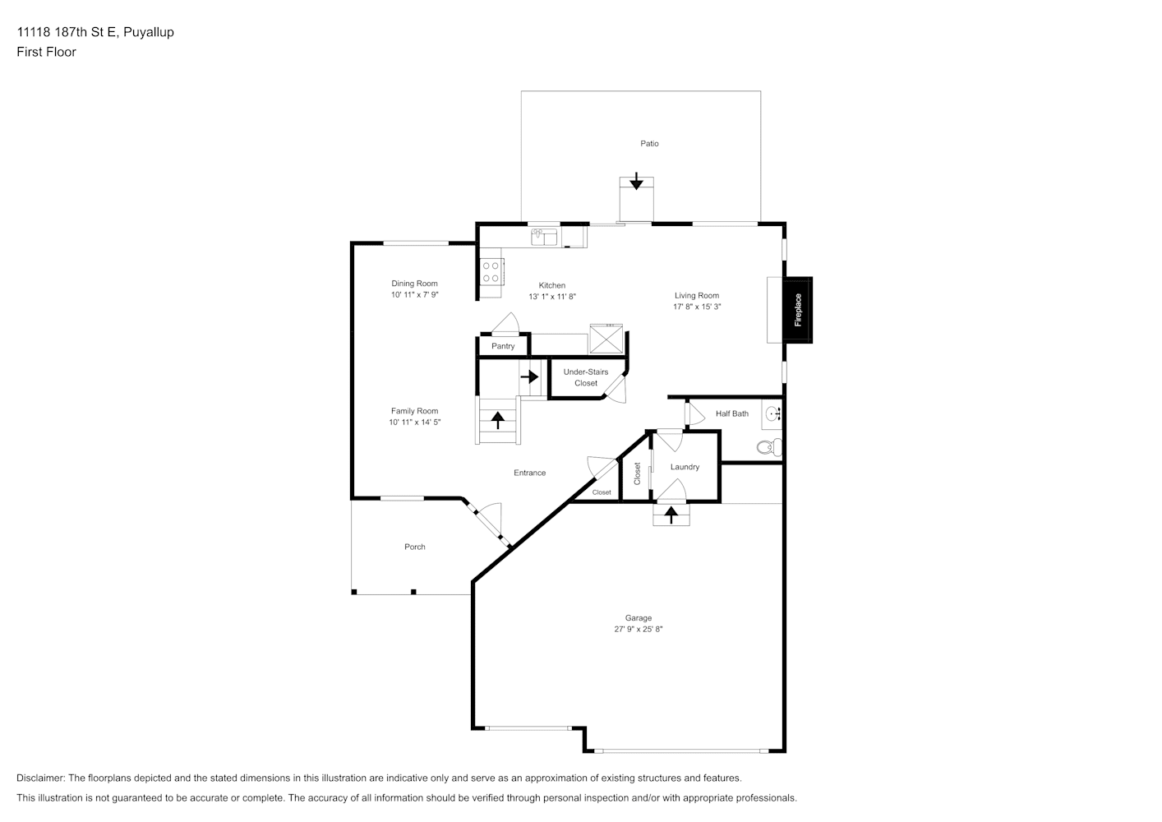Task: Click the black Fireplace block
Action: coord(797,310)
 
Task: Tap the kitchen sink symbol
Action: coord(544,237)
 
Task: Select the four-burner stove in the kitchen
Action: coord(491,272)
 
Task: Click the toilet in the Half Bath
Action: coord(769,447)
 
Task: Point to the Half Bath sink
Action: coord(772,414)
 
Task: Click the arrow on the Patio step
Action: coord(636,181)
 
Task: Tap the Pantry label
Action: coord(503,346)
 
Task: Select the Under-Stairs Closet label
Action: coord(586,377)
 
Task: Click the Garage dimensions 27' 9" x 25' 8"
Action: coord(638,629)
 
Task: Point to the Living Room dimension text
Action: coord(697,307)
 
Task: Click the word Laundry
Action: coord(685,467)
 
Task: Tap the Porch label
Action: coord(414,547)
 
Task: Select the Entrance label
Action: coord(530,473)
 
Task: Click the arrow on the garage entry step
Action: coord(671,515)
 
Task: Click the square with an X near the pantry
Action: coord(606,339)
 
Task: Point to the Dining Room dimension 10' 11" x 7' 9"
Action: coord(414,295)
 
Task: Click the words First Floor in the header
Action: coord(46,52)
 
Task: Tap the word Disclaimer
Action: coord(41,778)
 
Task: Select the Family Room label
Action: coord(414,411)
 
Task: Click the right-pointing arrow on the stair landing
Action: coord(530,376)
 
